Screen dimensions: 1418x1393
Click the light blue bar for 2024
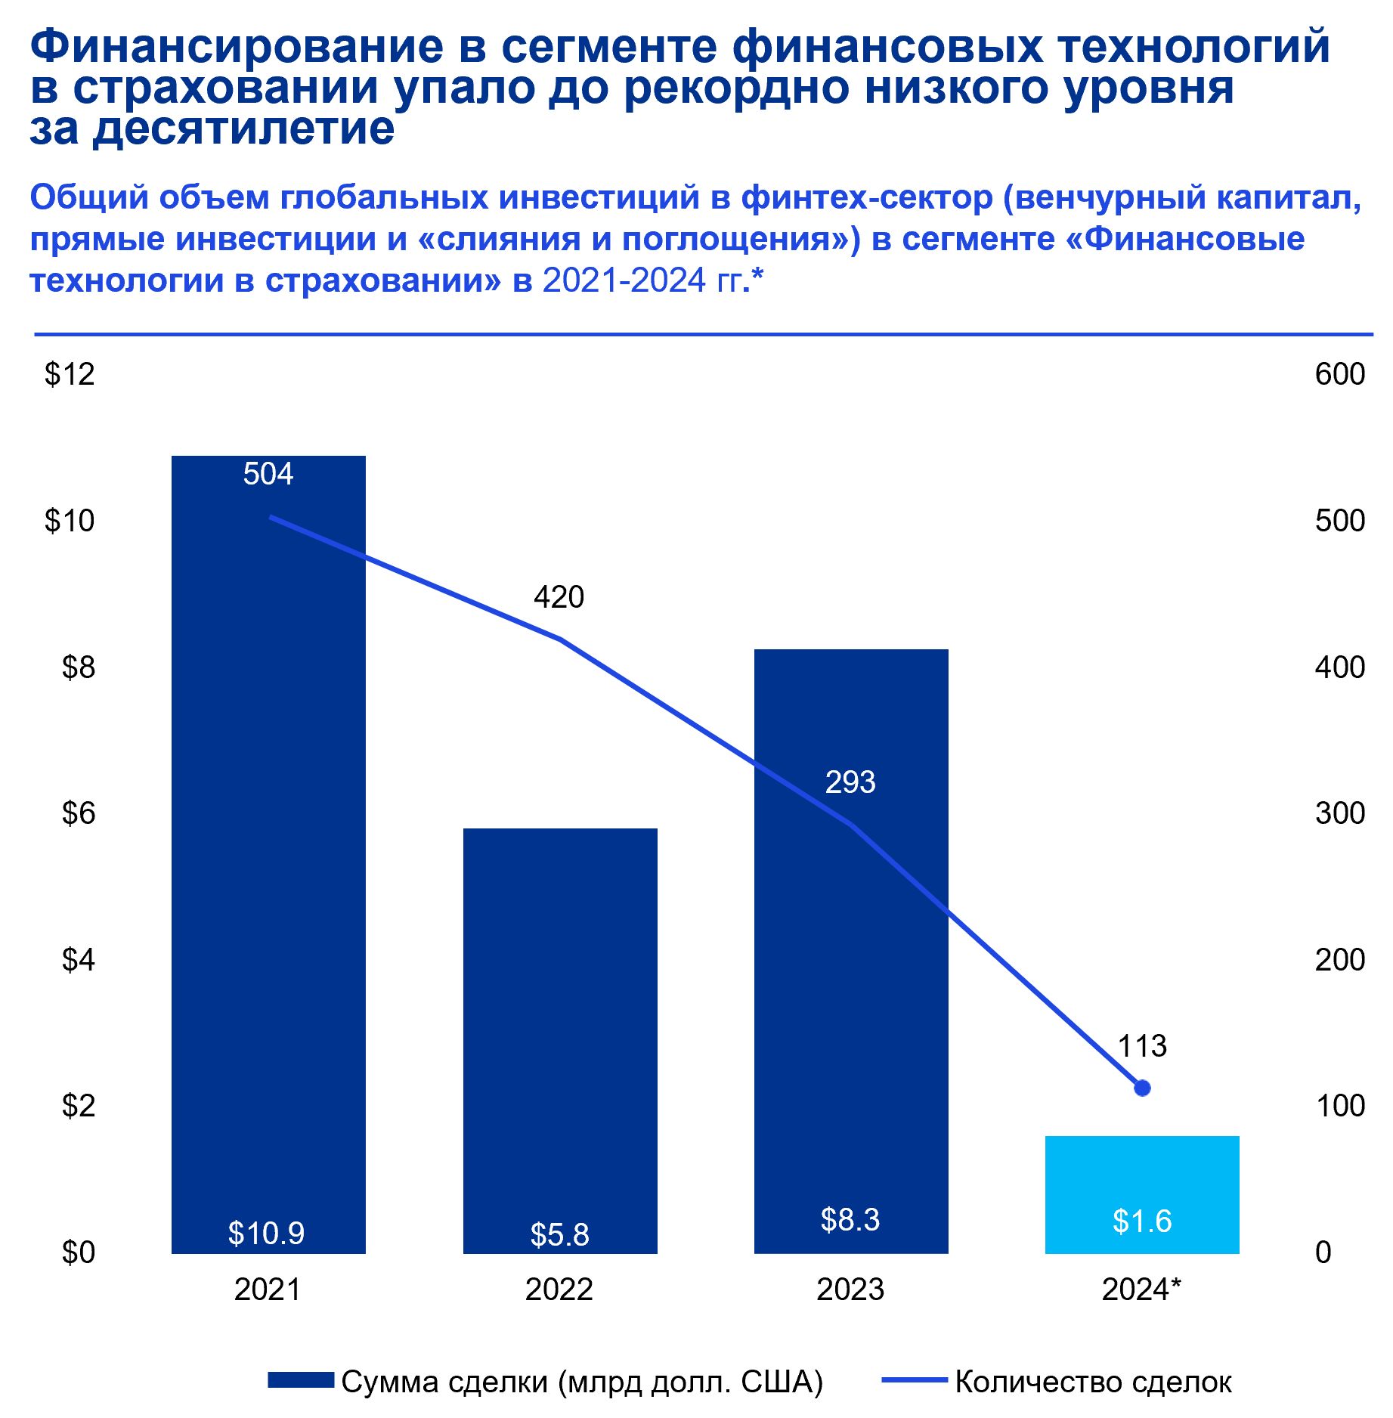point(1141,1194)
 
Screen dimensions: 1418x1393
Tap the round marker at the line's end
point(1142,1088)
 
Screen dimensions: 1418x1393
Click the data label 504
point(268,474)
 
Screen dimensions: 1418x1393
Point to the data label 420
point(559,597)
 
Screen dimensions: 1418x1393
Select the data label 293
point(850,782)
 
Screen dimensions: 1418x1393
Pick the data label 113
point(1142,1046)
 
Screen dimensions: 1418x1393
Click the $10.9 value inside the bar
point(266,1234)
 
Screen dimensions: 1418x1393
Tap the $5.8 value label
point(559,1235)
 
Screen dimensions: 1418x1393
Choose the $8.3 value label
point(850,1220)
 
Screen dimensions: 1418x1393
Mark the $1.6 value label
point(1141,1221)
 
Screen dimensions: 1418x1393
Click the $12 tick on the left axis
point(70,374)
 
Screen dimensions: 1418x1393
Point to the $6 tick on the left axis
point(78,813)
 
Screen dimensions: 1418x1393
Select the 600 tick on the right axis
point(1339,374)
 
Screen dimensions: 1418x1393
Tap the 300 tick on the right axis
point(1339,813)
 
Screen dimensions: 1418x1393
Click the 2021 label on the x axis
point(268,1290)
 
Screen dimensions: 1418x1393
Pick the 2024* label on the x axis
point(1141,1290)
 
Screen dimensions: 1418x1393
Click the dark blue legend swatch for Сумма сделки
point(301,1381)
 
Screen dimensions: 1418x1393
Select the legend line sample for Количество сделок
point(915,1381)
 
